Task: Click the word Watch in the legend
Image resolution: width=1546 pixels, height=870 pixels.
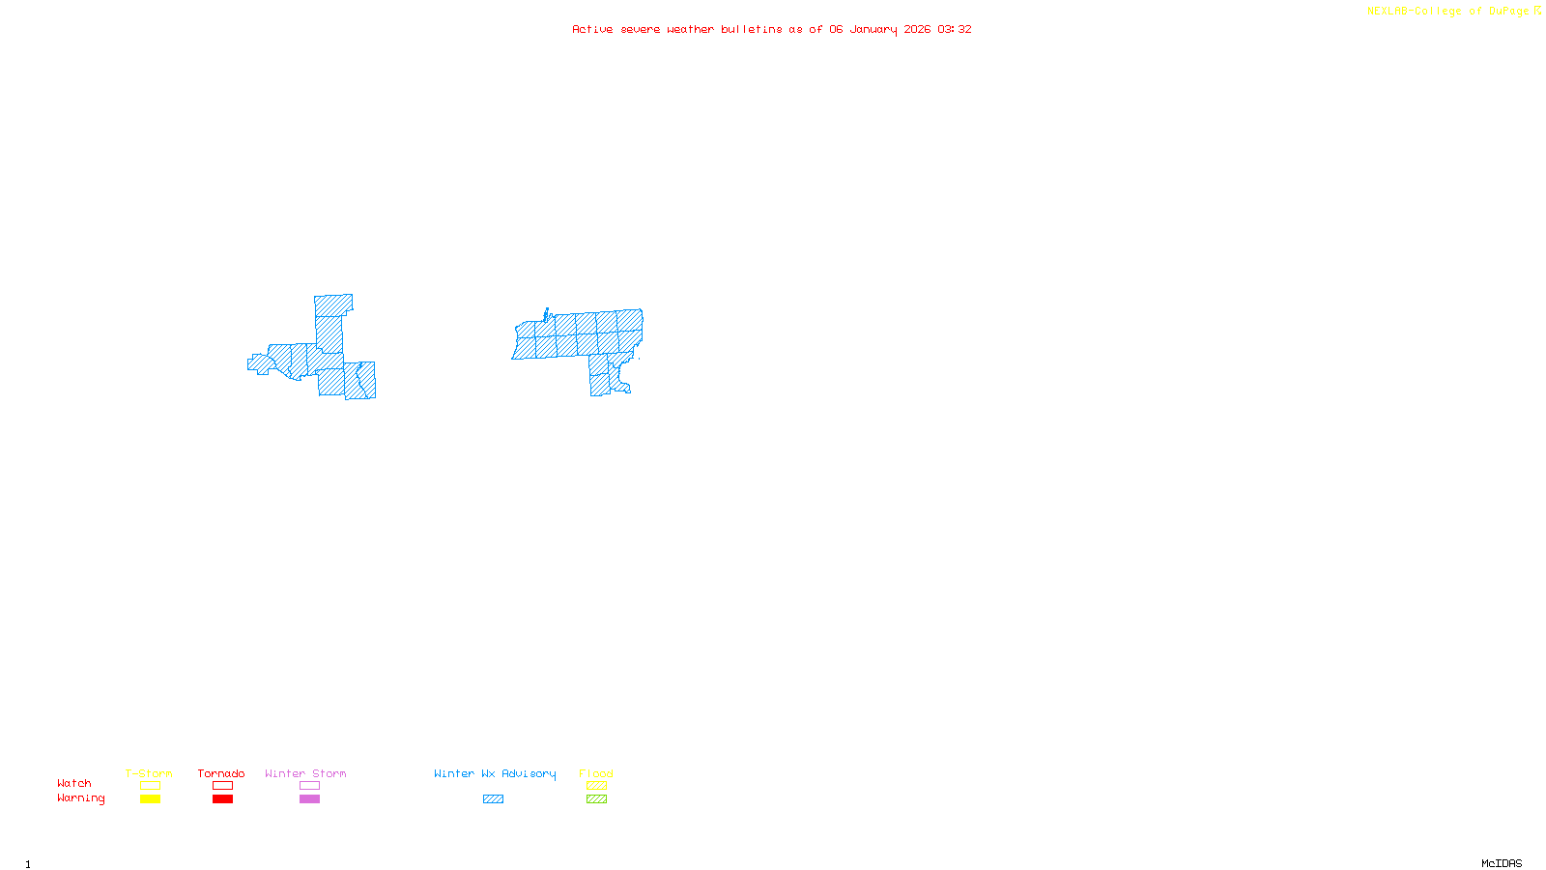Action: pyautogui.click(x=74, y=784)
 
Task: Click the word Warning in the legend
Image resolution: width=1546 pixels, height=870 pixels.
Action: pyautogui.click(x=80, y=798)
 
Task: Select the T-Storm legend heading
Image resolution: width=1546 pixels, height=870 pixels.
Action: pyautogui.click(x=149, y=773)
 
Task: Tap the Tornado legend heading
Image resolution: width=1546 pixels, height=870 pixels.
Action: pyautogui.click(x=221, y=773)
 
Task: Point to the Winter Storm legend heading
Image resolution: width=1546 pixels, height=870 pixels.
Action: pyautogui.click(x=305, y=773)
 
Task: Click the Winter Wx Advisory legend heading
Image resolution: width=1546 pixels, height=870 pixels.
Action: pyautogui.click(x=495, y=773)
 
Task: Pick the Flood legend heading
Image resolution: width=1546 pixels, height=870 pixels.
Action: pyautogui.click(x=596, y=773)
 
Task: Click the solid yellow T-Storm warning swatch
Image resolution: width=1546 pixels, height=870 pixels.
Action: pyautogui.click(x=150, y=799)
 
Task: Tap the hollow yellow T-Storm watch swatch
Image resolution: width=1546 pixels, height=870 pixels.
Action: pyautogui.click(x=150, y=786)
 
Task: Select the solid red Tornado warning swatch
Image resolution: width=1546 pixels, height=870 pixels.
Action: pyautogui.click(x=222, y=799)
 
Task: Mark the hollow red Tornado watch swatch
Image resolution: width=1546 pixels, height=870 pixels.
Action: pyautogui.click(x=222, y=786)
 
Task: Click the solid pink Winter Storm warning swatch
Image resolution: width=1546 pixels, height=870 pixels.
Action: pyautogui.click(x=309, y=799)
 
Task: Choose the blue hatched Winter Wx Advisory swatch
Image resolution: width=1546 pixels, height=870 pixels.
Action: pyautogui.click(x=493, y=799)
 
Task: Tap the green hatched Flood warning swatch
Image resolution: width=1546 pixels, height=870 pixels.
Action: pyautogui.click(x=596, y=799)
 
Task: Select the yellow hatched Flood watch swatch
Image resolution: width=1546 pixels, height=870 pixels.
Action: pyautogui.click(x=596, y=786)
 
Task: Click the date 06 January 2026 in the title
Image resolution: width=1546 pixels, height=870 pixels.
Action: pyautogui.click(x=879, y=30)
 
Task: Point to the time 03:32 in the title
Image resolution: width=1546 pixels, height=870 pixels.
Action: pyautogui.click(x=955, y=30)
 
